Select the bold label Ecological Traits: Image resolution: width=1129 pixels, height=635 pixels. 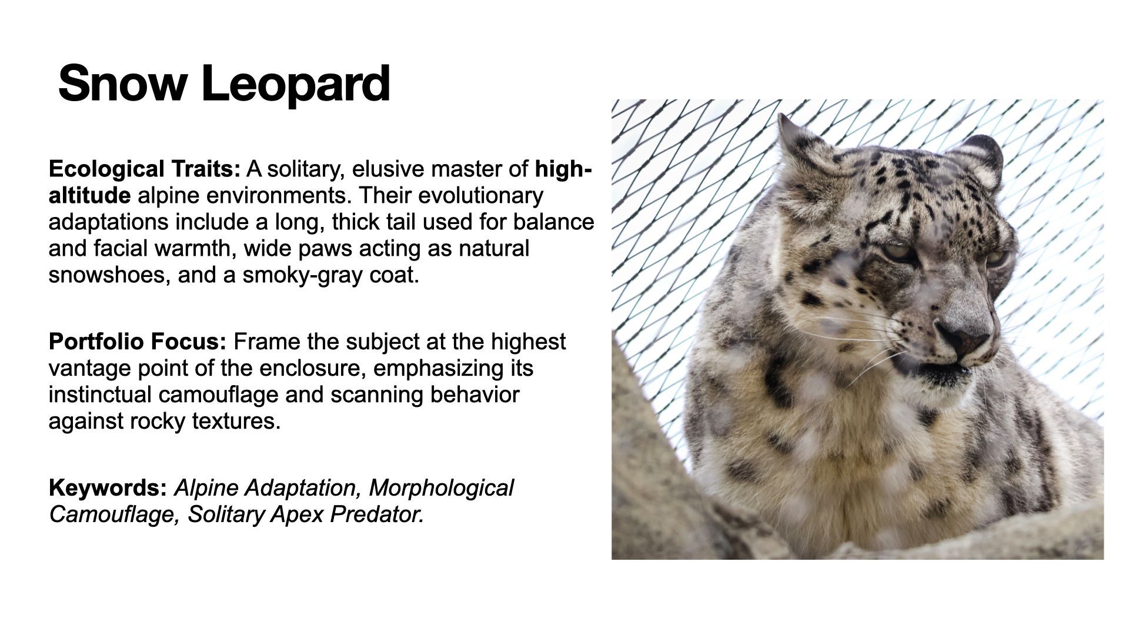click(x=145, y=169)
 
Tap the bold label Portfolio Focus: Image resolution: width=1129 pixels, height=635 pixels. click(x=138, y=342)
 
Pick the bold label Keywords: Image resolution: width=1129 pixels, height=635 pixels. click(x=108, y=489)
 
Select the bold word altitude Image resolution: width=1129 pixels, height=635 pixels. click(x=89, y=195)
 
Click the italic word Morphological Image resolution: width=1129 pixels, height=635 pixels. click(x=441, y=489)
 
